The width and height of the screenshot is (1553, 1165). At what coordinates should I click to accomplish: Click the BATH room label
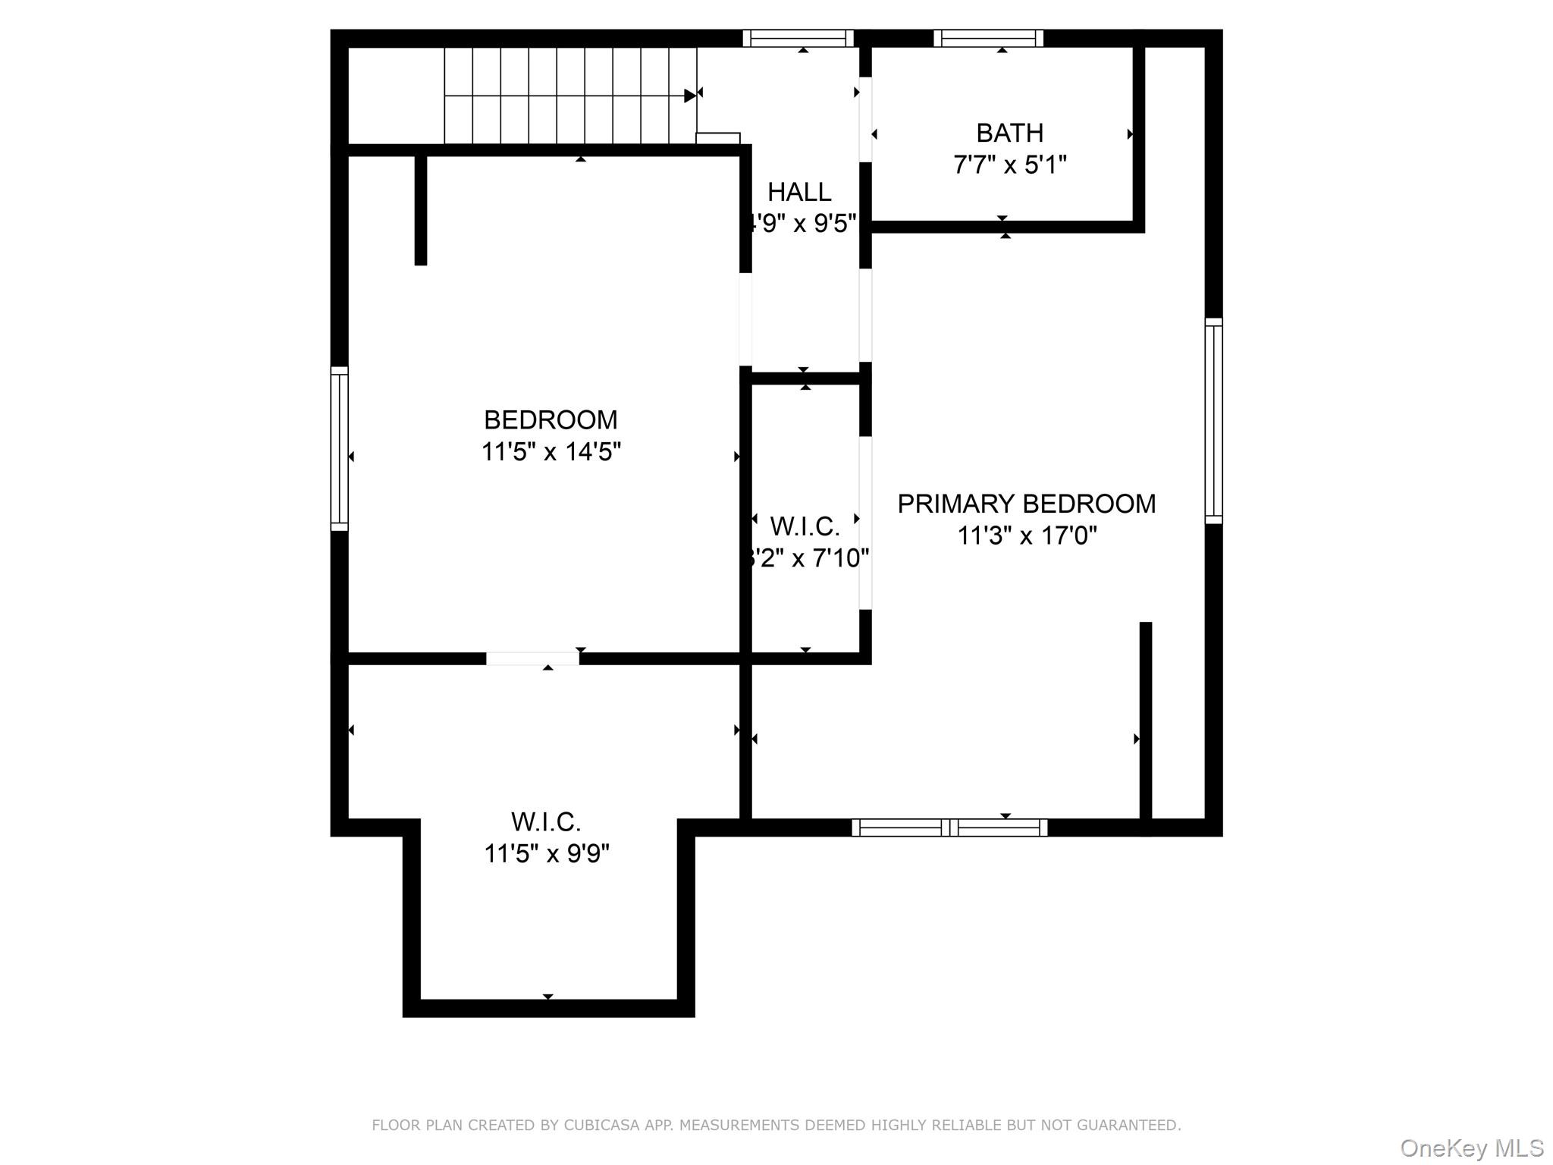click(1009, 133)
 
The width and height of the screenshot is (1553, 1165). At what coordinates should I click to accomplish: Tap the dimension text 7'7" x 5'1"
click(1009, 165)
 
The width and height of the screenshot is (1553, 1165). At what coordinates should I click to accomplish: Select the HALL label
click(799, 193)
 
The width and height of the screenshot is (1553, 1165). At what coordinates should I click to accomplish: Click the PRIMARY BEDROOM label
click(1026, 504)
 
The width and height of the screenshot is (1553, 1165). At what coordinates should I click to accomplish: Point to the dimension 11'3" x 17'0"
click(1026, 536)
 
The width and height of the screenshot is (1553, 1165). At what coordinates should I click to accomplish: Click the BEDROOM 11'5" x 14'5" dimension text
click(551, 452)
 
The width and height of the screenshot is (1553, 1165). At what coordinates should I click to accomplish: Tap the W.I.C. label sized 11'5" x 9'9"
click(546, 822)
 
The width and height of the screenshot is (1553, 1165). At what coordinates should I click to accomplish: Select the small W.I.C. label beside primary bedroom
click(805, 526)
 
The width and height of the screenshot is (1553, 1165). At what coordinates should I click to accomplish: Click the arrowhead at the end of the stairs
click(689, 96)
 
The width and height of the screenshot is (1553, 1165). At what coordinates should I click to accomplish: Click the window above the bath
click(988, 39)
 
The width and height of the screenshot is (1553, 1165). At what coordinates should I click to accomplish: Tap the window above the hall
click(798, 39)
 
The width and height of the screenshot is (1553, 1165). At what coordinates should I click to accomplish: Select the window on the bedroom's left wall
click(339, 448)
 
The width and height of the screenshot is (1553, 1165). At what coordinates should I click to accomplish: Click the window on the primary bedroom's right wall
click(1213, 421)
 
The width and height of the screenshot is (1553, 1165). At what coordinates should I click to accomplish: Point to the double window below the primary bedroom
click(949, 827)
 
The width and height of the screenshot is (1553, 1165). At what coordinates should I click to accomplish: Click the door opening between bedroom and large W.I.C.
click(532, 658)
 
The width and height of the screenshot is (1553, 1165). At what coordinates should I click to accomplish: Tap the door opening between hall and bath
click(865, 119)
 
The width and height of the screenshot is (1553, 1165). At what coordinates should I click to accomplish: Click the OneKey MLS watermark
click(1471, 1148)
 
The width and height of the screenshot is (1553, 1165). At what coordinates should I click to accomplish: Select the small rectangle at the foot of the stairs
click(717, 138)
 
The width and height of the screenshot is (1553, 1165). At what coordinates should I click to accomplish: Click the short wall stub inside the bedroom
click(421, 210)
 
